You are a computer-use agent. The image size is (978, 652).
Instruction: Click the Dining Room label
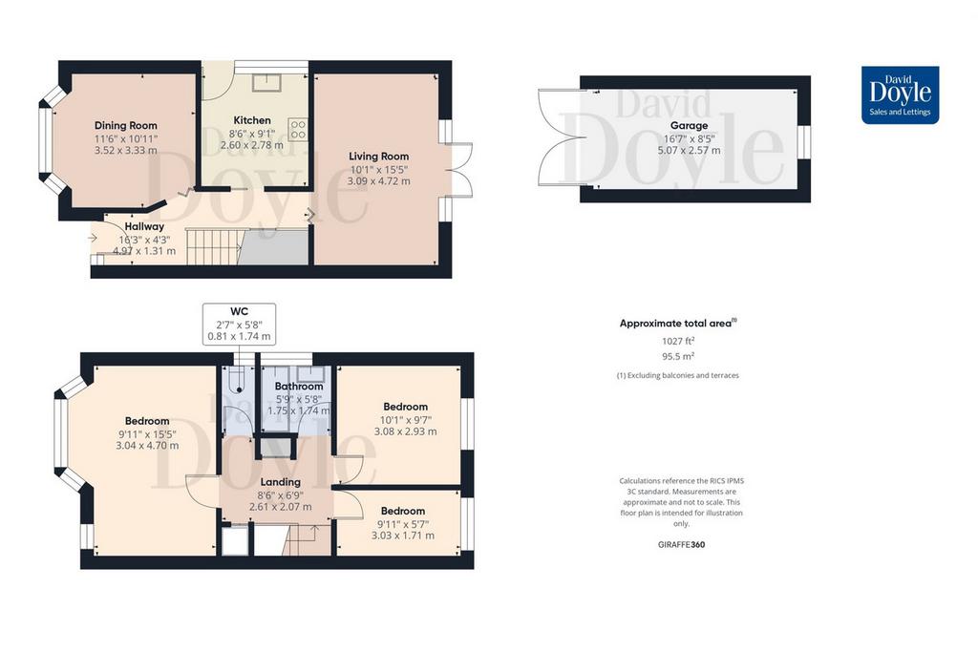(125, 125)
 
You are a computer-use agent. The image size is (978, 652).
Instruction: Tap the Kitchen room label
(252, 120)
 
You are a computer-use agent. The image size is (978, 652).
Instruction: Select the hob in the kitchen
(298, 129)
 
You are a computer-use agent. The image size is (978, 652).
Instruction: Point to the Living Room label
(378, 157)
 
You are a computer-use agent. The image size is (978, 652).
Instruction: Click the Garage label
(689, 125)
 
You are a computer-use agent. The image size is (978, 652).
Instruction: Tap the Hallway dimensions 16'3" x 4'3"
(144, 240)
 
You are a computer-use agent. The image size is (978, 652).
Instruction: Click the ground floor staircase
(213, 246)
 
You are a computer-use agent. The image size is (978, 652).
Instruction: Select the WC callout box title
(239, 311)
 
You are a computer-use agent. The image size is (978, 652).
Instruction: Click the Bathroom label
(299, 387)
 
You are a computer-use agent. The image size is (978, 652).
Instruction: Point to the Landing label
(280, 482)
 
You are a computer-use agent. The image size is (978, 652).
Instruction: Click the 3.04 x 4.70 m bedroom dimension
(147, 446)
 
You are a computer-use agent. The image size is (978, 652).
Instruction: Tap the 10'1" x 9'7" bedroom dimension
(405, 419)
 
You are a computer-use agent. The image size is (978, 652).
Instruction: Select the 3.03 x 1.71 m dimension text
(403, 536)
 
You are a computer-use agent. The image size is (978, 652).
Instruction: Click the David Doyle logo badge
(900, 95)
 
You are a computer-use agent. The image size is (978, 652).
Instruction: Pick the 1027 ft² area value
(678, 341)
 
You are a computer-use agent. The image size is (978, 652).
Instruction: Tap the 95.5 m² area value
(678, 356)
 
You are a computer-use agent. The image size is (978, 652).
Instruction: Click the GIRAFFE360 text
(681, 544)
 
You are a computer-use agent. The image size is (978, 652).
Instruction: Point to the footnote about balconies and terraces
(678, 375)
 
